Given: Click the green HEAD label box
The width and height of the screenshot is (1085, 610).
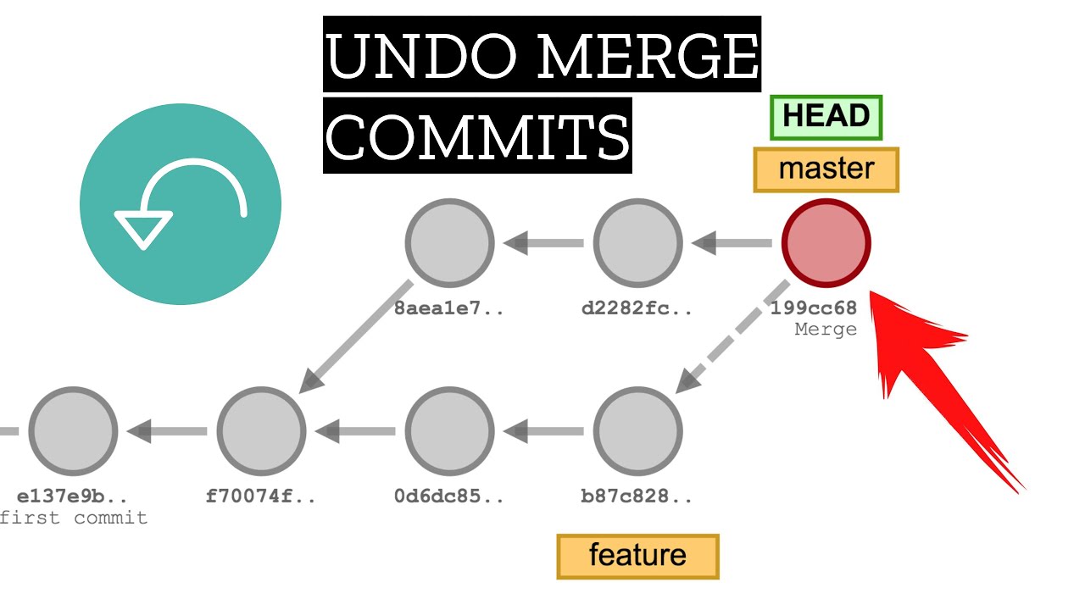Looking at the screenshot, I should tap(826, 117).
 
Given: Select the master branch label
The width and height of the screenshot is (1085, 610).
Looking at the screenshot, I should tap(826, 169).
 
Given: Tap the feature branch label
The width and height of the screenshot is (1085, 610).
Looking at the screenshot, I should tap(637, 556).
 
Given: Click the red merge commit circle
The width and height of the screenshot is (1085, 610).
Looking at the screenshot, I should tap(826, 243).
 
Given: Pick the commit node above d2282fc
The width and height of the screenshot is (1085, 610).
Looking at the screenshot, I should tap(637, 243).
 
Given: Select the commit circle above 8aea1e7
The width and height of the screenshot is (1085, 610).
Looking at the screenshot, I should tap(449, 243).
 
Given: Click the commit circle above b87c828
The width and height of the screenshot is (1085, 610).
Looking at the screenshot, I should tap(637, 431).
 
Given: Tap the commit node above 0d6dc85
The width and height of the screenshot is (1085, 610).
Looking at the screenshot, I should tap(449, 431).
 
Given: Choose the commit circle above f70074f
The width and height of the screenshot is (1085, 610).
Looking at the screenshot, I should tap(261, 431).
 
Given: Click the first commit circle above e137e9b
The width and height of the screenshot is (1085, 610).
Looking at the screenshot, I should tap(73, 431).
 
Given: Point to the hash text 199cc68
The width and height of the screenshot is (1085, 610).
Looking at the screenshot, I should tap(814, 308).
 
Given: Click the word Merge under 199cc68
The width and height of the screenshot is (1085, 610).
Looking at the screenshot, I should tap(826, 330).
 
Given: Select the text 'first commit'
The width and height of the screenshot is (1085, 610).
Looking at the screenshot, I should tap(75, 518).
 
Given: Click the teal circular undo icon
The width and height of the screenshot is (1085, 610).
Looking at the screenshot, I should tap(181, 204).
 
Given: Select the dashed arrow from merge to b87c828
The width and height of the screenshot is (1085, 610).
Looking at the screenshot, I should tap(733, 335).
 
